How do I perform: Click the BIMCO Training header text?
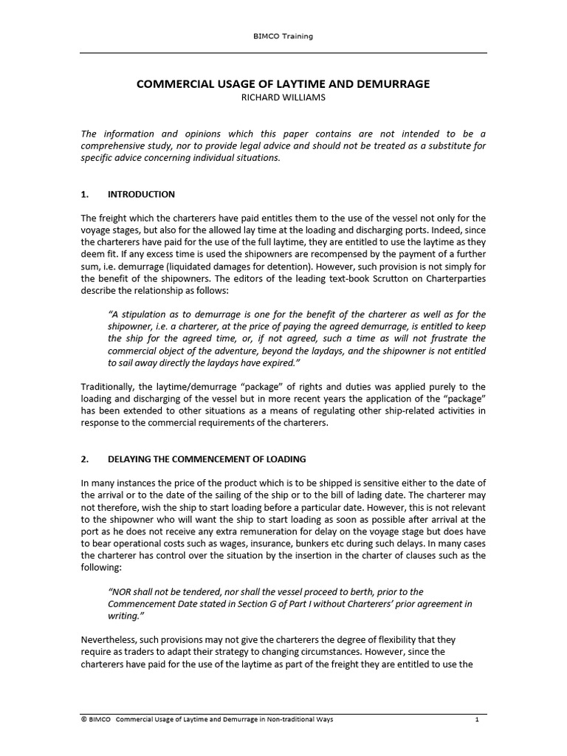click(283, 37)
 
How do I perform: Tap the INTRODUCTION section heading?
click(141, 195)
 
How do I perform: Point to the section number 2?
click(84, 459)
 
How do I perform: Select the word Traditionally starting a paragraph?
click(111, 387)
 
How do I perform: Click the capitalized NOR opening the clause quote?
click(120, 592)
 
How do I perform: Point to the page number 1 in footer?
click(478, 719)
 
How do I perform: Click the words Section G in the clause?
click(249, 604)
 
